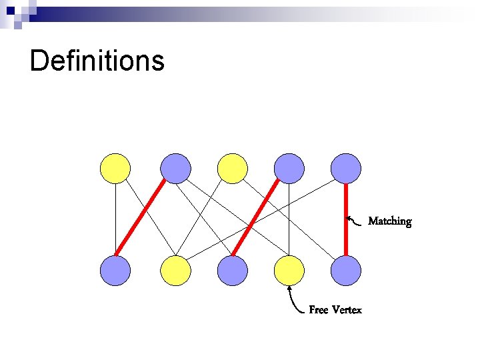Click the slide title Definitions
pos(97,61)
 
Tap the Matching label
pos(390,221)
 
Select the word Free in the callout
pos(319,310)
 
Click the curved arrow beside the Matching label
pos(357,220)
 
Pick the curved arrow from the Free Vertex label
pos(295,301)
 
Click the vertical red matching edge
pos(346,219)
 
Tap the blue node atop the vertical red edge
pos(346,168)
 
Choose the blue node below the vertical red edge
pos(346,271)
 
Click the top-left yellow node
pos(115,168)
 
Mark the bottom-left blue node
pos(115,271)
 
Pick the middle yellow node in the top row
pos(233,168)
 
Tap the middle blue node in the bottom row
pos(233,271)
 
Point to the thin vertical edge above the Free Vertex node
pos(289,219)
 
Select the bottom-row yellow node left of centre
pos(176,271)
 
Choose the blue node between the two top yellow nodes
pos(176,168)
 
